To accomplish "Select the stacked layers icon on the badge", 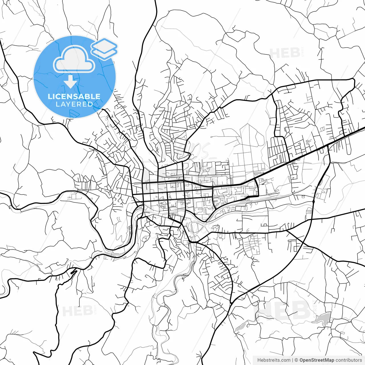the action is pyautogui.click(x=104, y=48).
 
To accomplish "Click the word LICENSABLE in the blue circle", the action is pyautogui.click(x=74, y=96).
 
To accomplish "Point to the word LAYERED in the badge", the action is pyautogui.click(x=74, y=104).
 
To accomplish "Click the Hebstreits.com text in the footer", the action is pyautogui.click(x=274, y=360).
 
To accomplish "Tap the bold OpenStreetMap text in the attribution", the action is pyautogui.click(x=317, y=360).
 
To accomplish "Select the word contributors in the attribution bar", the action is pyautogui.click(x=348, y=360).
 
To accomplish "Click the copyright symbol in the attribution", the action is pyautogui.click(x=296, y=360).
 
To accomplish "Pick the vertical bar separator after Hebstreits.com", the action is pyautogui.click(x=293, y=360).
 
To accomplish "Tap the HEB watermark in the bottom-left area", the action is pyautogui.click(x=77, y=311).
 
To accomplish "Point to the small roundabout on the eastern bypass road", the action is pyautogui.click(x=313, y=201).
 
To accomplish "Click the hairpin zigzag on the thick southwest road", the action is pyautogui.click(x=73, y=272).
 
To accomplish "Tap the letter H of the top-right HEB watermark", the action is pyautogui.click(x=275, y=53).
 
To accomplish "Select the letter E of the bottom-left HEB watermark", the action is pyautogui.click(x=77, y=311).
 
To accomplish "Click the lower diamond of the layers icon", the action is pyautogui.click(x=104, y=53).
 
